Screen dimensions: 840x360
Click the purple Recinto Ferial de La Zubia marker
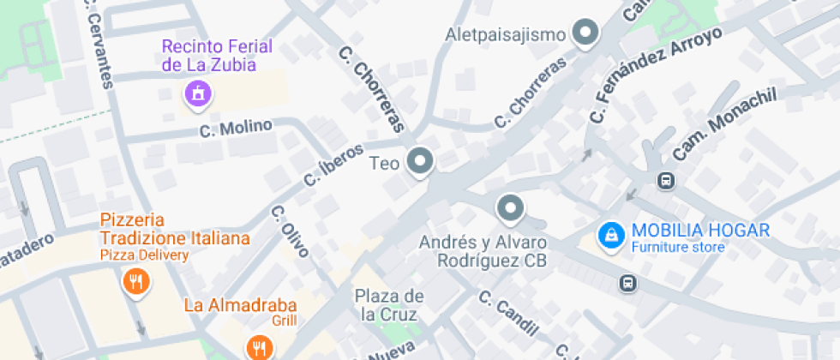(x=198, y=93)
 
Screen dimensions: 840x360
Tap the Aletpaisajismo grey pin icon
(x=586, y=33)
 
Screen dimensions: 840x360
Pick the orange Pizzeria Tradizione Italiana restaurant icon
(x=135, y=281)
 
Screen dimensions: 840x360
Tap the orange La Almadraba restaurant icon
(x=259, y=346)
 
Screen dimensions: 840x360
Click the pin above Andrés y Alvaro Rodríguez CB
(x=510, y=208)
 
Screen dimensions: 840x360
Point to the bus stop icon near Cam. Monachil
(x=665, y=180)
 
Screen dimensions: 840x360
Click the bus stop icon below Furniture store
(x=628, y=282)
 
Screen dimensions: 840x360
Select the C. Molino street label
(x=236, y=129)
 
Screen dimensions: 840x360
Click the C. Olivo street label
(x=290, y=232)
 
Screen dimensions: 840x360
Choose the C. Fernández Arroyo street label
(x=655, y=74)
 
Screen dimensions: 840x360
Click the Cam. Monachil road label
(x=724, y=123)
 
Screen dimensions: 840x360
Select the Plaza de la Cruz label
(x=390, y=305)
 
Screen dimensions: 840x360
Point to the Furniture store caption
(x=678, y=248)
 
